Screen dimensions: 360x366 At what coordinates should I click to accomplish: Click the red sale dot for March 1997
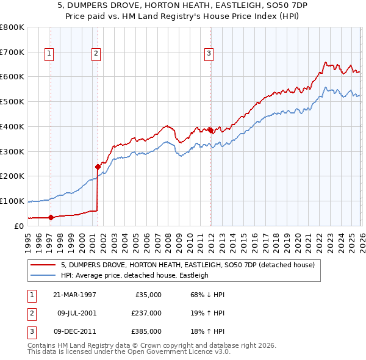pos(51,217)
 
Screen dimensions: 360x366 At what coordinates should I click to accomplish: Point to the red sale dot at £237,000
pos(98,166)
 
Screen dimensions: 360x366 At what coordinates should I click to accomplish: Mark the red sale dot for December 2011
pos(210,130)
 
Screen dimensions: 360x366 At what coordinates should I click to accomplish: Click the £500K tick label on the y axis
pos(12,101)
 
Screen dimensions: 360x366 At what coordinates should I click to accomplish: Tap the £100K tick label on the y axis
pos(12,201)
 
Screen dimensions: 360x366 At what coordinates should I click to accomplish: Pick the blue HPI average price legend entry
pos(134,275)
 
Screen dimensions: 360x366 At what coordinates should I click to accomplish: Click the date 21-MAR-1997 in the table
pos(75,295)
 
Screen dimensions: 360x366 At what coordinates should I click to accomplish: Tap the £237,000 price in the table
pos(146,313)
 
